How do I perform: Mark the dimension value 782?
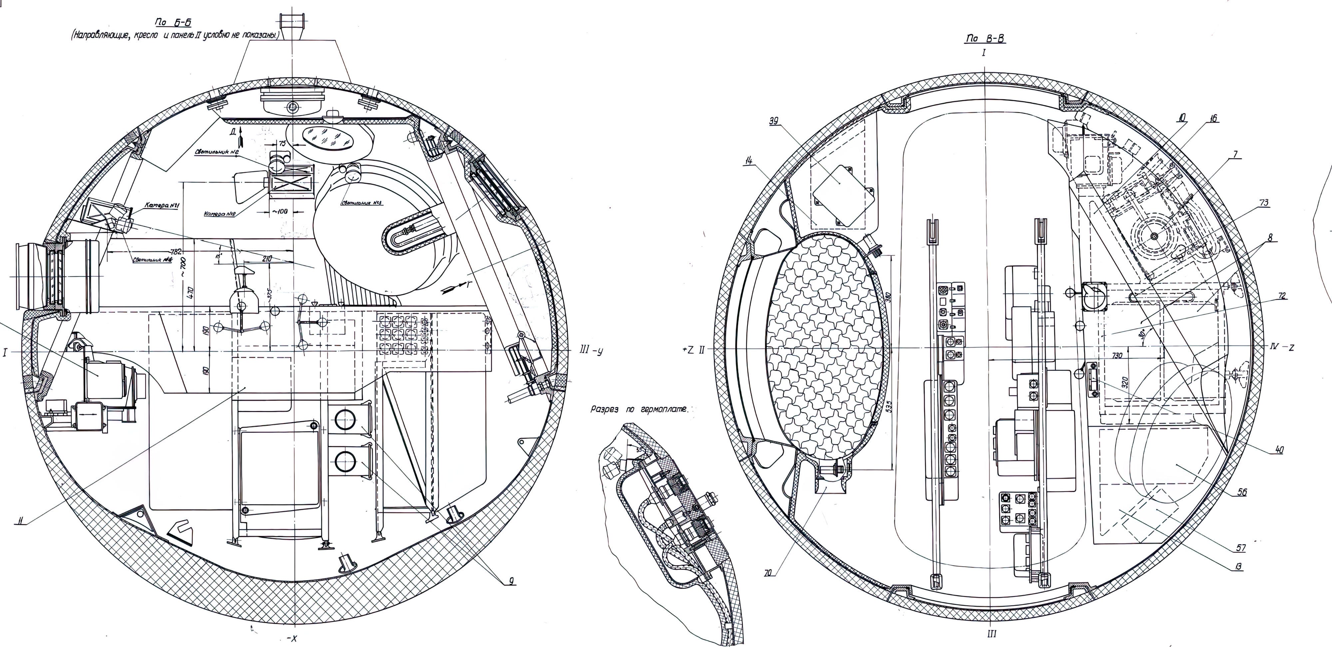(x=176, y=252)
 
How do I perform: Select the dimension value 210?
(x=267, y=258)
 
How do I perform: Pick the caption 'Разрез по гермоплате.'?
(x=639, y=409)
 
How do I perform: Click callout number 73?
(x=1263, y=203)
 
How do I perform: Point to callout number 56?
(x=1241, y=492)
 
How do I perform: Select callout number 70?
(x=770, y=573)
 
